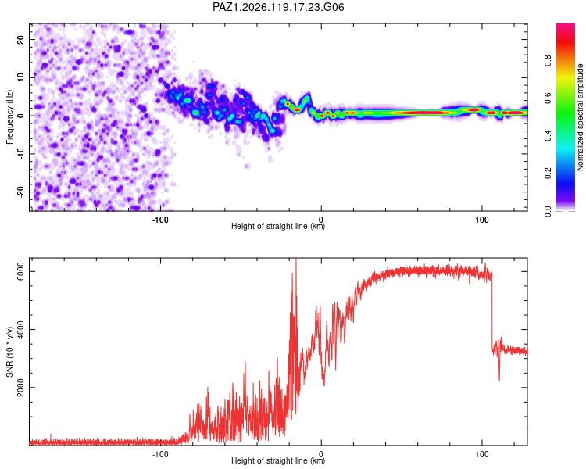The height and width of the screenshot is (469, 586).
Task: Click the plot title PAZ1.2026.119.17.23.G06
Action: pos(278,7)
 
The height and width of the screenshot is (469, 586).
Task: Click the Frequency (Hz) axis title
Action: pos(9,117)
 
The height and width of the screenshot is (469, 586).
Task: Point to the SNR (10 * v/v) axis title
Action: pos(9,352)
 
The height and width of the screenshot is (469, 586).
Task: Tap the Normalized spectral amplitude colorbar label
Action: pos(580,117)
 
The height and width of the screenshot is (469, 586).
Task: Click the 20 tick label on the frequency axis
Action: pos(20,40)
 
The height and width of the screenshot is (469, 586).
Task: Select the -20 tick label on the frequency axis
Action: pos(20,192)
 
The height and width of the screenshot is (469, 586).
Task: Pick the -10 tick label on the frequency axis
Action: pos(20,153)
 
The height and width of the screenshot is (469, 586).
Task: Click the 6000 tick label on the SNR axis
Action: pos(20,271)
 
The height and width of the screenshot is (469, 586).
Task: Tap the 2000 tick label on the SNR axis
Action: pos(20,388)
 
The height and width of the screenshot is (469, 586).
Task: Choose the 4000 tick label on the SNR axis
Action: pos(20,330)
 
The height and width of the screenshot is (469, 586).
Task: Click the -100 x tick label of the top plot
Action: pos(160,220)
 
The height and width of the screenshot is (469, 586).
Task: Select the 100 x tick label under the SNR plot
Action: pos(482,454)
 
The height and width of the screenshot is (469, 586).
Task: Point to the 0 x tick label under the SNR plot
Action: pos(321,454)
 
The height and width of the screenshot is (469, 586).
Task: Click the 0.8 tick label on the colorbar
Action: pos(548,61)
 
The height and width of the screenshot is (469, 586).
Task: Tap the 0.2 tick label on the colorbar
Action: pos(548,174)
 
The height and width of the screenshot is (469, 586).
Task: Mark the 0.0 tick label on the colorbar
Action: pos(548,211)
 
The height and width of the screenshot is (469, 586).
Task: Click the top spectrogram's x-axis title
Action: pos(278,226)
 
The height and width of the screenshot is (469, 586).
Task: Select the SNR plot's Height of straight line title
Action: pos(278,460)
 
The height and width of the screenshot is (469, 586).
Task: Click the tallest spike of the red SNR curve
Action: pos(296,260)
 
